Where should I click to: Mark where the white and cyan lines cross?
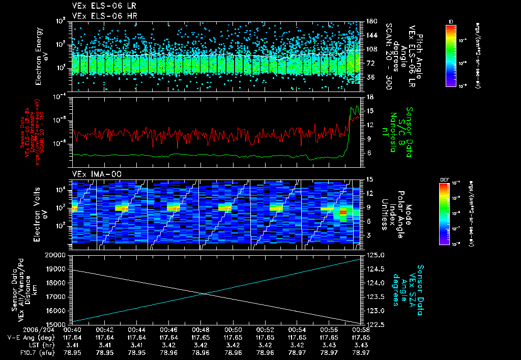tap(204, 293)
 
